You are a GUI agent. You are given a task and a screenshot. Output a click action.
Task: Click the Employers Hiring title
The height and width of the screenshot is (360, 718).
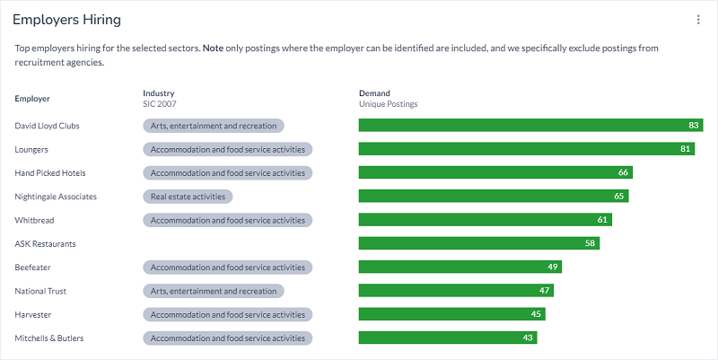click(67, 20)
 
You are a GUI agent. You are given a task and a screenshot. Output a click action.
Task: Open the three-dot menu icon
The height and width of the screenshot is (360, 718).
click(698, 20)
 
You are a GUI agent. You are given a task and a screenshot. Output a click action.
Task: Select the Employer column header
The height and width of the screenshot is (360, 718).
click(32, 99)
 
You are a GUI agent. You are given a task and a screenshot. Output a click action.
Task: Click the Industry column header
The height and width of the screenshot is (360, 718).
click(159, 93)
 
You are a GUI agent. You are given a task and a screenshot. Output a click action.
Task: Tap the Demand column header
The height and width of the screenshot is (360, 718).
click(375, 93)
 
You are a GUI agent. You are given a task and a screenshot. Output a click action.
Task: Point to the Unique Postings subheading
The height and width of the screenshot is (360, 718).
click(388, 104)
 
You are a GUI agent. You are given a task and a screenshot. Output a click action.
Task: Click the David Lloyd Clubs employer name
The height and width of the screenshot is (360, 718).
click(48, 126)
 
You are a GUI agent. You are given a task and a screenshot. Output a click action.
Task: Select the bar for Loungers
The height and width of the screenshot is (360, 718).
click(526, 149)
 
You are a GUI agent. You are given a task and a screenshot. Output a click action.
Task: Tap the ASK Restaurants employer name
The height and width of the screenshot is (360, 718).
click(45, 243)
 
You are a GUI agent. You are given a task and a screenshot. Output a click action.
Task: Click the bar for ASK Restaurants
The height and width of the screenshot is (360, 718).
click(478, 243)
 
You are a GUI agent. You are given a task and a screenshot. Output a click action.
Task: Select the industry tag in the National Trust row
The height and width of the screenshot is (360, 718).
click(214, 291)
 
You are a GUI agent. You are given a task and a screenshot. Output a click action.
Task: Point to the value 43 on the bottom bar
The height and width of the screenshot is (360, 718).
click(529, 338)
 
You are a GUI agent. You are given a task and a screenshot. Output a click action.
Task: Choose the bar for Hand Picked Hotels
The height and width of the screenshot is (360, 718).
click(495, 172)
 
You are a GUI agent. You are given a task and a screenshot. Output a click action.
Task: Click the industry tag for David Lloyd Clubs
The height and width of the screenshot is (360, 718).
click(214, 126)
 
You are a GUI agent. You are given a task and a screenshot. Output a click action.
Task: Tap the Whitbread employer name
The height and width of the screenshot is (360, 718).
click(35, 220)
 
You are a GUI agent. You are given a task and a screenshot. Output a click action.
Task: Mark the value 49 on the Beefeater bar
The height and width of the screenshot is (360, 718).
click(553, 268)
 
